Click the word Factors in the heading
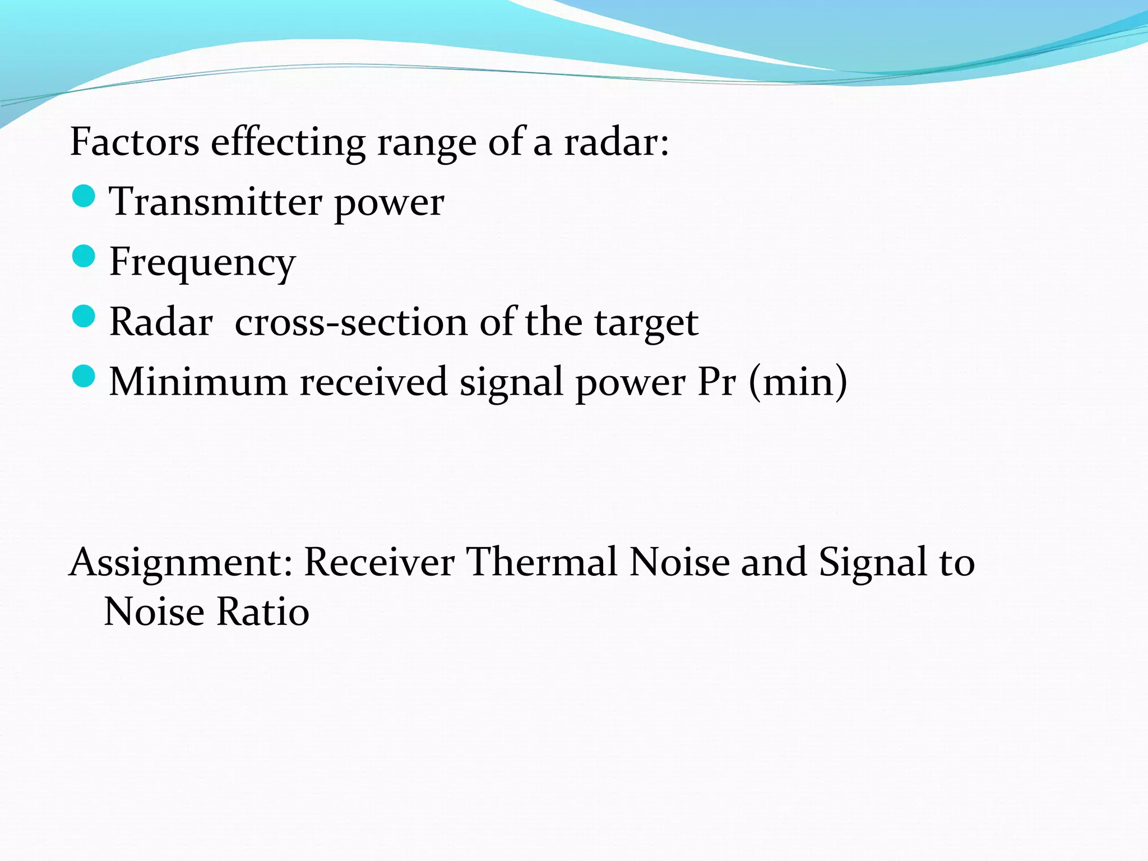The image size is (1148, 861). pos(135,142)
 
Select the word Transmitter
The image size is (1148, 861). pos(215,202)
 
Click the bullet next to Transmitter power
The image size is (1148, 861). pos(84,196)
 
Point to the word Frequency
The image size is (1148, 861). pos(202,262)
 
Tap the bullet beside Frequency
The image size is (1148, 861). pos(84,256)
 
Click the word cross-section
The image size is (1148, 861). pos(351,322)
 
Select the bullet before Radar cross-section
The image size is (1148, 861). pos(84,316)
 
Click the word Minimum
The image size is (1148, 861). pos(198,382)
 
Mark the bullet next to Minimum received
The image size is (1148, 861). pos(84,376)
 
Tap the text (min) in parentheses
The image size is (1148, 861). pos(798,382)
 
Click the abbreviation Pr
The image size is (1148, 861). pos(716,382)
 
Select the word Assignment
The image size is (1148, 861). pos(180,562)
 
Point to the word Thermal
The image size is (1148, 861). pos(542,562)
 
